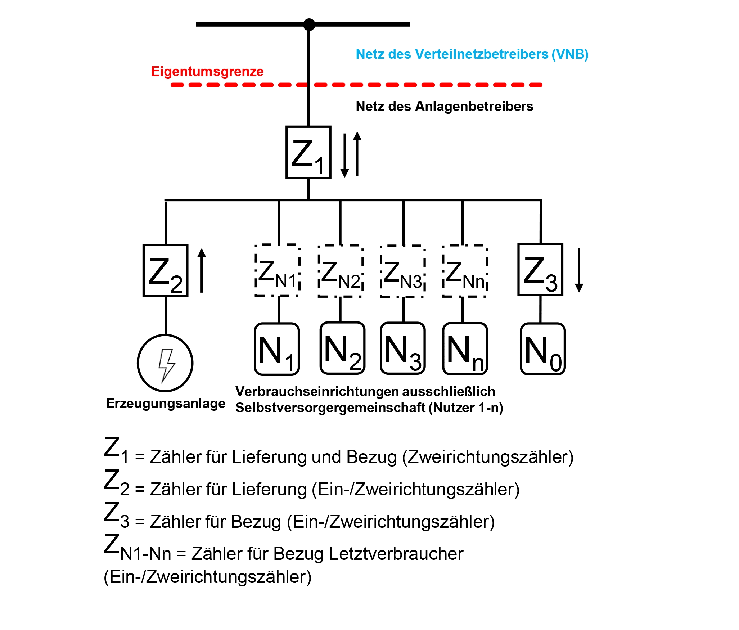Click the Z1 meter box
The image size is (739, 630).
coord(308,152)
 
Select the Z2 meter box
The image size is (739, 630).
coord(165,271)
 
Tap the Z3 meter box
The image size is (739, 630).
coord(540,270)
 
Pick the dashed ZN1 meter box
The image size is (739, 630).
coord(277,270)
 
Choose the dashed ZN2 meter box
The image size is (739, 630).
coord(340,271)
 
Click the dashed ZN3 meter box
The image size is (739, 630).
coord(402,271)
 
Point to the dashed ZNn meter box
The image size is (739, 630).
coord(465,271)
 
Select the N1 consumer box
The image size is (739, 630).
coord(277,349)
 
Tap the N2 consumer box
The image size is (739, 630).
coord(342,348)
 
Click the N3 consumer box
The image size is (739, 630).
coord(402,348)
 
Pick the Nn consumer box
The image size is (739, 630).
coord(465,348)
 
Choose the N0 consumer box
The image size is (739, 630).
coord(542,349)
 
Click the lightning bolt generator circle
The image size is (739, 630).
coord(165,363)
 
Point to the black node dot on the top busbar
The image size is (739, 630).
coord(309,24)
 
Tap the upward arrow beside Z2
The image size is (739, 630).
coord(202,270)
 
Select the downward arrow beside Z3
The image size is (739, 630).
coord(579,270)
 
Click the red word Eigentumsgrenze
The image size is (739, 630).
coord(207,71)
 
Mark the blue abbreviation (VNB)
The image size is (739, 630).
coord(570,54)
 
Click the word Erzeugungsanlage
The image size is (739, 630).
coord(166,403)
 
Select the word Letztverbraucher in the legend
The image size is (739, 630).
coord(396,554)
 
